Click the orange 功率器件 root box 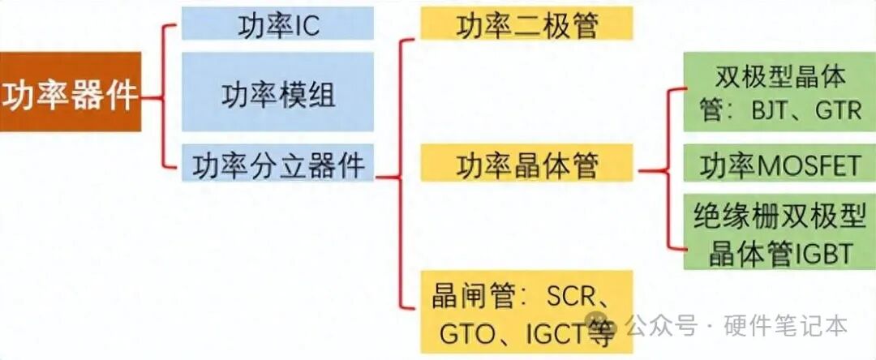pyautogui.click(x=71, y=92)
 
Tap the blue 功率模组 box pyautogui.click(x=277, y=92)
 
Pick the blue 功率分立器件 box pyautogui.click(x=277, y=164)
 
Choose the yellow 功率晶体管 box pyautogui.click(x=526, y=164)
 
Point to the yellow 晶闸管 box pyautogui.click(x=526, y=312)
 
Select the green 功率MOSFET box pyautogui.click(x=780, y=164)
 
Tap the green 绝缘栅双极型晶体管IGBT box pyautogui.click(x=780, y=232)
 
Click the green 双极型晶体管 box pyautogui.click(x=780, y=92)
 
